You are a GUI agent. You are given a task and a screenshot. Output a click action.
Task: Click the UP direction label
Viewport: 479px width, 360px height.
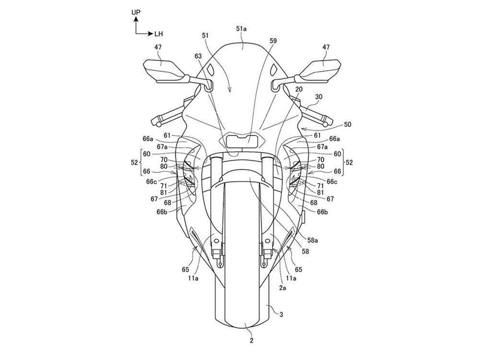click(136, 12)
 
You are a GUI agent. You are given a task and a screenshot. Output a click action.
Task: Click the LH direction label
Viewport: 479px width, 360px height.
click(159, 34)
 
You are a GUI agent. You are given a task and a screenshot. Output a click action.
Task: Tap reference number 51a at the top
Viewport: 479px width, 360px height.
click(241, 29)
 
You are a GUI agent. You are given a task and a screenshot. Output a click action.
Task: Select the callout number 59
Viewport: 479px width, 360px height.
click(273, 40)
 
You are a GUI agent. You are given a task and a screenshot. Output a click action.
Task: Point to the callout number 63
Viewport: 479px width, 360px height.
click(199, 56)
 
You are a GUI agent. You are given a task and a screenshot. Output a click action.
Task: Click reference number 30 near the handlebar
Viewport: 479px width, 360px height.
click(319, 96)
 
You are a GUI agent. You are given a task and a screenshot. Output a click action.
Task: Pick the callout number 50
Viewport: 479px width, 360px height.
click(348, 125)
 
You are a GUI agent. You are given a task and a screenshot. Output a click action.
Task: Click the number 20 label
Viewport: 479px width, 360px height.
click(299, 89)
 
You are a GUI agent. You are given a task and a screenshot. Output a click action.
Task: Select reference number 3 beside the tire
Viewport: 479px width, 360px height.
click(281, 314)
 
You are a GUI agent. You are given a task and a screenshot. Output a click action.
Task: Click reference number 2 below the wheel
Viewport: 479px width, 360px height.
click(251, 341)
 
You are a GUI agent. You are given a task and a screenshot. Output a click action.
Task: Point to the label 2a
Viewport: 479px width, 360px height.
click(283, 288)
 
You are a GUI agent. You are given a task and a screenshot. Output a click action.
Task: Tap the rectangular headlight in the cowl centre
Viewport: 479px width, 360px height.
click(242, 141)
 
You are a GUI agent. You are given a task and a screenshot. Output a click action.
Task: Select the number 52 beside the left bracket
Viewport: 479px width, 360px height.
click(134, 162)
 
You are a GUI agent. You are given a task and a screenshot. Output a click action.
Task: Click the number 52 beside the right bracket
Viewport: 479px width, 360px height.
click(349, 162)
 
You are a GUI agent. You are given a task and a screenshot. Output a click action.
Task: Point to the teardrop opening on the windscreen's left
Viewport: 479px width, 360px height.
click(210, 69)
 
